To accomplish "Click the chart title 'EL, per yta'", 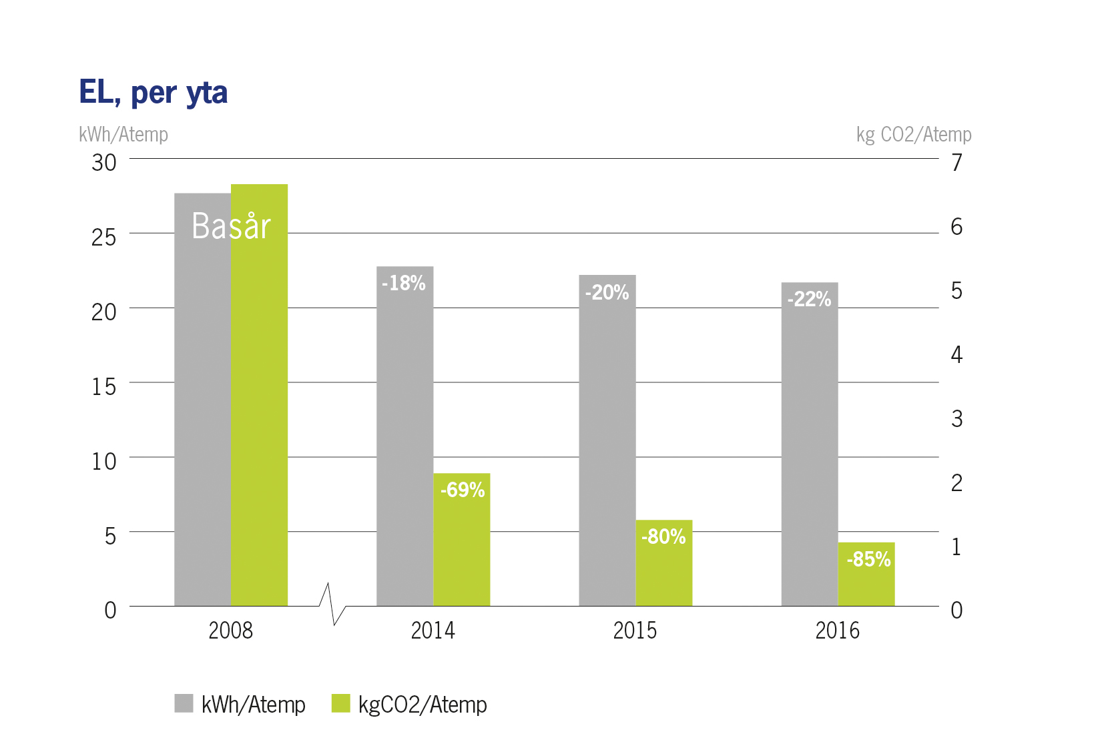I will click(153, 93).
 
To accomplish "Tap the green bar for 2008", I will click(259, 414).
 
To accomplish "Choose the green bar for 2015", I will click(663, 574).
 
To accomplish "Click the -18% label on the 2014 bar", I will click(404, 284).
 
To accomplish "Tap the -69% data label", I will click(462, 490).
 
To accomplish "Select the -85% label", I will click(868, 559).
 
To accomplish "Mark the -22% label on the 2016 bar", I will click(809, 299).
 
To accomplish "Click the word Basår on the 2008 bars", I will click(231, 226).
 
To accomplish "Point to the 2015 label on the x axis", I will click(635, 631).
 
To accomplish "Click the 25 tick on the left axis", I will click(103, 237).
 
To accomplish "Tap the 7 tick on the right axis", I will click(956, 162).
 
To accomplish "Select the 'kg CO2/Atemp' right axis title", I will click(913, 135).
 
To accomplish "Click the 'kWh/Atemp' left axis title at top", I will click(123, 135).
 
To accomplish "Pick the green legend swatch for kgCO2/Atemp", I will click(340, 703).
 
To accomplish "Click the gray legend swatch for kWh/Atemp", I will click(184, 703).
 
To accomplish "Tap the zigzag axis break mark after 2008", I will click(332, 605).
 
